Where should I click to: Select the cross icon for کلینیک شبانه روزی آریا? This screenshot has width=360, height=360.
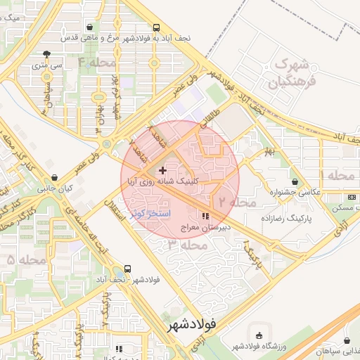click(163, 170)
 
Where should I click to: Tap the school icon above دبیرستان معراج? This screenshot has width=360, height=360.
click(205, 216)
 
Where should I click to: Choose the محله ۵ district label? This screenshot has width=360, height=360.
click(26, 260)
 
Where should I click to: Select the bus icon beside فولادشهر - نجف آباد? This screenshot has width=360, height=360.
click(127, 269)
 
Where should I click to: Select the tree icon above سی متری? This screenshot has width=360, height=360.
click(46, 53)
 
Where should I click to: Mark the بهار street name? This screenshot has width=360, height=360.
click(268, 153)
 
